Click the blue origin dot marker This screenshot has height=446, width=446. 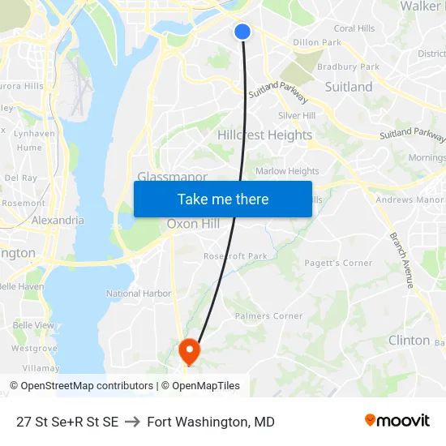242,32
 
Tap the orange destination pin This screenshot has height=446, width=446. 189,350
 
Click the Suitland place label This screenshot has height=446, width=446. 349,87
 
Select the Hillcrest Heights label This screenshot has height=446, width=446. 264,135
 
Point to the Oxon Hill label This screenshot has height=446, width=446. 193,224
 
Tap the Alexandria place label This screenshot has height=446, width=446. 58,220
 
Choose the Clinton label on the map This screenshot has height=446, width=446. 409,340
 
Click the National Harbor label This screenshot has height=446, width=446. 139,294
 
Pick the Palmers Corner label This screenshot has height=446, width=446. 268,316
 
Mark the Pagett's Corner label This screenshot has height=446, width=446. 338,263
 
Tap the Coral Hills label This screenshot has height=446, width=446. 354,28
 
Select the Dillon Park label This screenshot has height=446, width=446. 317,42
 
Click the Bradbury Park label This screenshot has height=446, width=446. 349,66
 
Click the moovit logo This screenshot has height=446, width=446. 397,421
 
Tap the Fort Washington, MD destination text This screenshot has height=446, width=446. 211,422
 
